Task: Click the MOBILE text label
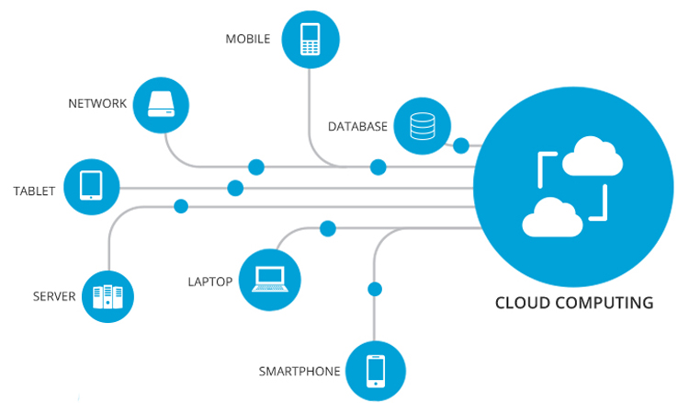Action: pyautogui.click(x=248, y=40)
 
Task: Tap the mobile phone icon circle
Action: pyautogui.click(x=311, y=40)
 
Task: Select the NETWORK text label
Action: pyautogui.click(x=97, y=103)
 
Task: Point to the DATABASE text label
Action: pyautogui.click(x=357, y=126)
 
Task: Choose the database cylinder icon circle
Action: pyautogui.click(x=423, y=126)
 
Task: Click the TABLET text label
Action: pyautogui.click(x=34, y=191)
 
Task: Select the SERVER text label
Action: pyautogui.click(x=54, y=296)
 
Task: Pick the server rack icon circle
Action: pyautogui.click(x=108, y=296)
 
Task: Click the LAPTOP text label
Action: pyautogui.click(x=210, y=281)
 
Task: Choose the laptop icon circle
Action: pyautogui.click(x=269, y=279)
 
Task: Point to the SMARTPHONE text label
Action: pyautogui.click(x=299, y=372)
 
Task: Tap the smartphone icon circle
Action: pyautogui.click(x=375, y=371)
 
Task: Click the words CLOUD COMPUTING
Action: pyautogui.click(x=574, y=303)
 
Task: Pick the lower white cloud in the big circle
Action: pyautogui.click(x=552, y=218)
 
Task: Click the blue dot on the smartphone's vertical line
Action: pyautogui.click(x=374, y=289)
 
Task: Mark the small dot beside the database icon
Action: pyautogui.click(x=461, y=145)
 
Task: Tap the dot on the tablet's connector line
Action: pyautogui.click(x=235, y=188)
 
